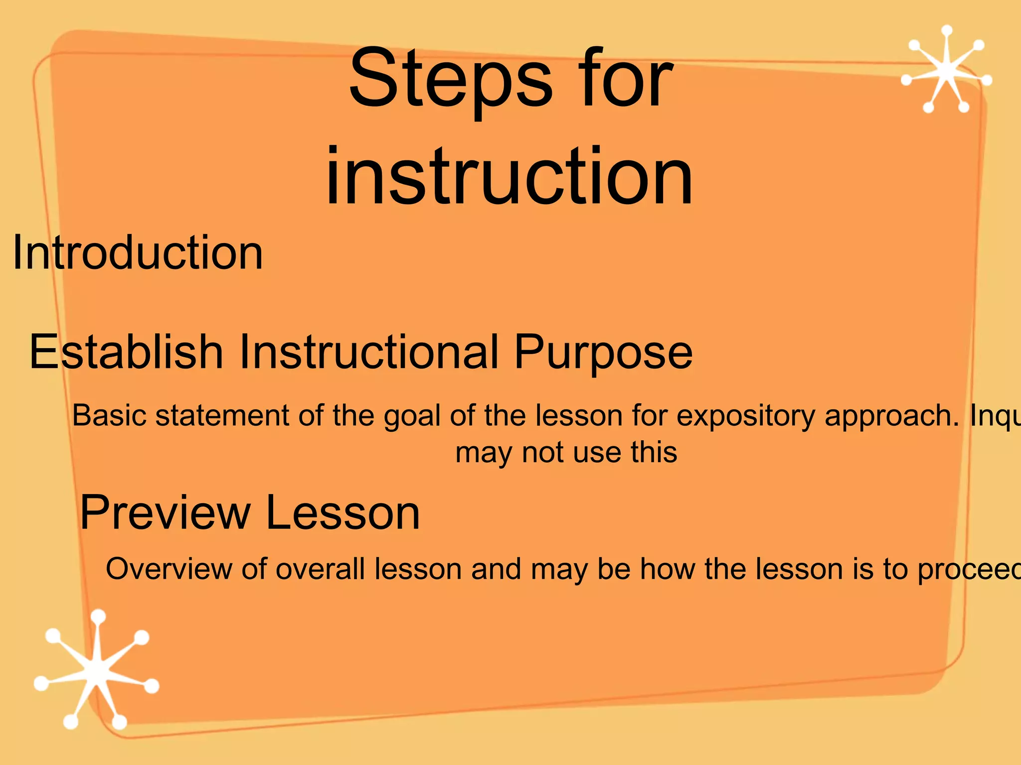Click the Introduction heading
tap(138, 253)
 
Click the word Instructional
tap(369, 352)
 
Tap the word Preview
tap(165, 512)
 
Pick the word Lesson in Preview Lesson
tap(343, 512)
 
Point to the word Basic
tap(110, 415)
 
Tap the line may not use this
tap(566, 453)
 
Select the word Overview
tap(169, 569)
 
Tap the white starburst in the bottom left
tap(96, 670)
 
